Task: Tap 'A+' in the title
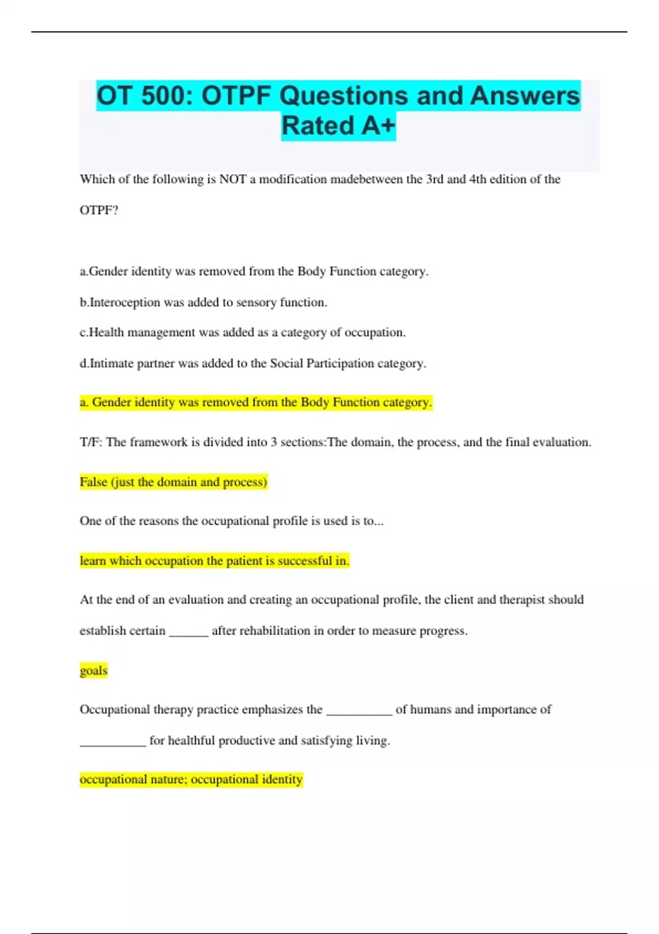pos(378,126)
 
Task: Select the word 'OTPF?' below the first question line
pos(99,210)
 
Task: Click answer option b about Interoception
pos(203,302)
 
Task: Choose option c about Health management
pos(243,332)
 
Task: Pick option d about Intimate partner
pos(253,363)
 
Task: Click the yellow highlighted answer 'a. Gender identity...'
pos(256,402)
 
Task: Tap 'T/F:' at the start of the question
pos(91,442)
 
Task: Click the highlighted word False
pos(93,482)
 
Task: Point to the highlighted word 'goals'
pos(93,670)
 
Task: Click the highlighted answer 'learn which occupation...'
pos(214,560)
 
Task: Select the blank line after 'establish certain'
pos(189,632)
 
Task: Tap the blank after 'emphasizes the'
pos(359,710)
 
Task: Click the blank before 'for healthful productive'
pos(113,741)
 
